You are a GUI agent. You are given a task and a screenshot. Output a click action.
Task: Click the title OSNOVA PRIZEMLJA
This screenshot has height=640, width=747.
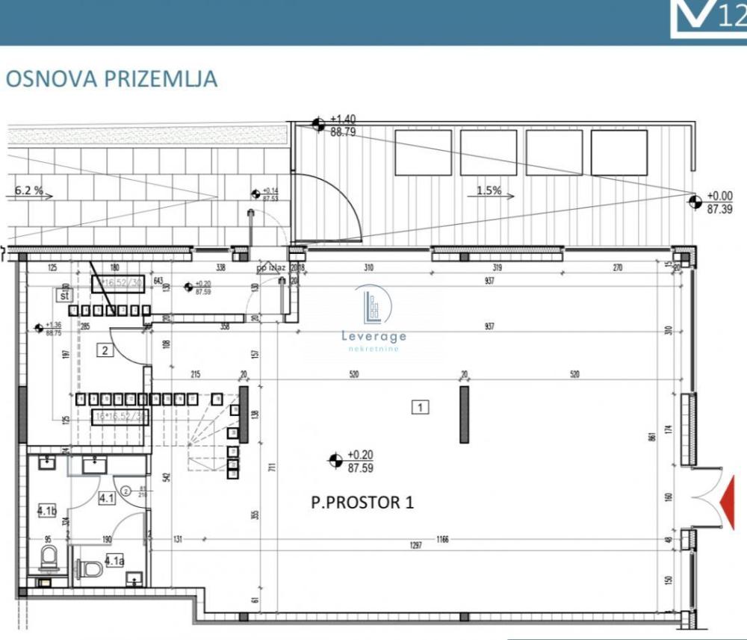tap(111, 79)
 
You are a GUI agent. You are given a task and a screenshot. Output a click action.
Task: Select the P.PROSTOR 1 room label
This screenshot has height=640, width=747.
tap(362, 503)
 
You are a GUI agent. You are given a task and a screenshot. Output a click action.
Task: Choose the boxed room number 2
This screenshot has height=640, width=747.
tap(105, 351)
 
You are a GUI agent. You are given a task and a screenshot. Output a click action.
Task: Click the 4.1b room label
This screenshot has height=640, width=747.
tap(46, 512)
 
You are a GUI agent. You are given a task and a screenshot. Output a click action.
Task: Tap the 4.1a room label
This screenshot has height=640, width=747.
tap(114, 559)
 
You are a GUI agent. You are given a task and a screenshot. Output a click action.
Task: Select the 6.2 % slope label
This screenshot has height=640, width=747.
tap(28, 191)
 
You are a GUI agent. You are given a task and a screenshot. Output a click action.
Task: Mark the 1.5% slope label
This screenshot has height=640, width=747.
tap(489, 190)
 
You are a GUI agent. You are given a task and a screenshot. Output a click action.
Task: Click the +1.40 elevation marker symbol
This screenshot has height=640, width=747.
tap(318, 125)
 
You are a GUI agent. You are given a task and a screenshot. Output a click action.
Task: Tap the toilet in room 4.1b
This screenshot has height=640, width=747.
tap(48, 557)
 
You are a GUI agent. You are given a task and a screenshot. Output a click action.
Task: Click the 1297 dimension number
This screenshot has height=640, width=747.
tap(416, 545)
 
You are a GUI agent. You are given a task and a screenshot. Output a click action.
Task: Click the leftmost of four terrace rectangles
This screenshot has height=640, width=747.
tap(423, 152)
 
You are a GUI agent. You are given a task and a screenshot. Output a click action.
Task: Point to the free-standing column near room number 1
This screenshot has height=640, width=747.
tap(464, 414)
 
